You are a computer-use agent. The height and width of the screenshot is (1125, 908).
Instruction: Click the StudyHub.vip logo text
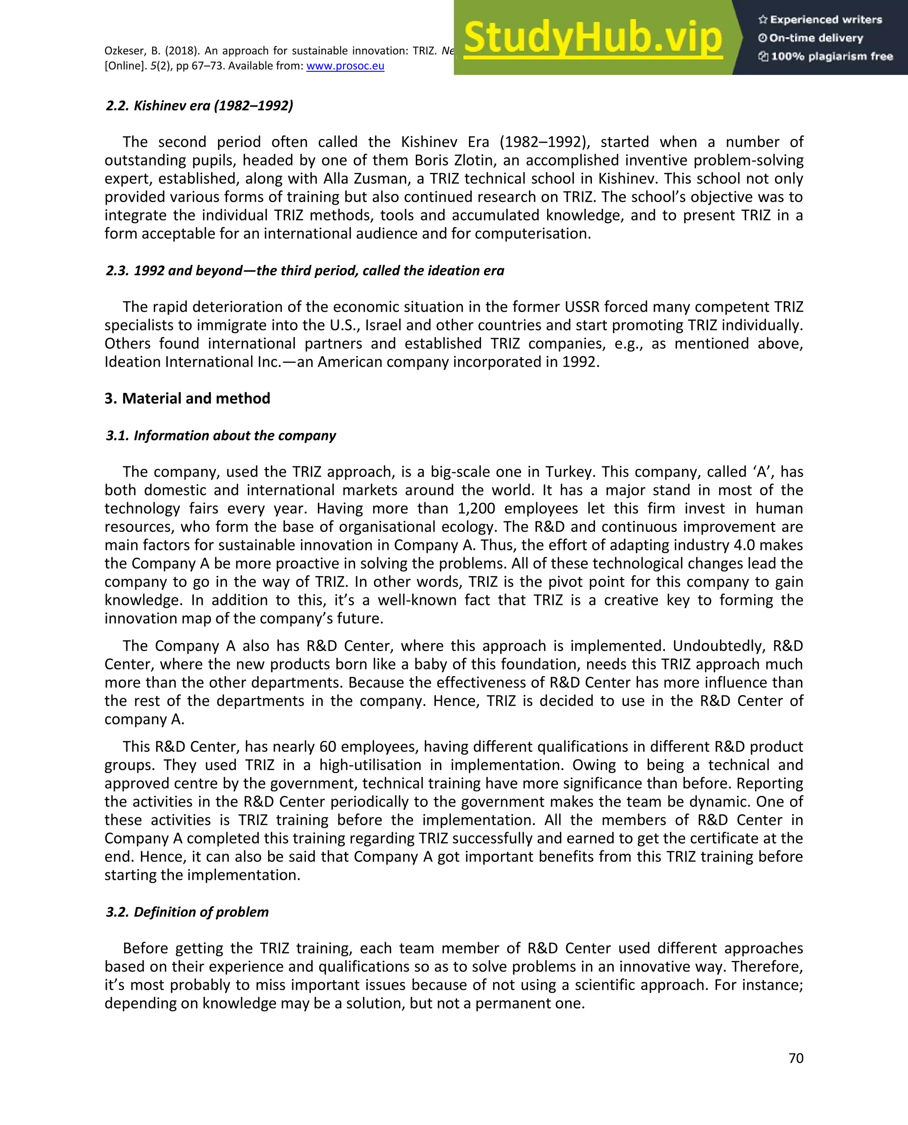pos(593,38)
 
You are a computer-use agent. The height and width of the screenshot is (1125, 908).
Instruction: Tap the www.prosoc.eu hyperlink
pos(345,66)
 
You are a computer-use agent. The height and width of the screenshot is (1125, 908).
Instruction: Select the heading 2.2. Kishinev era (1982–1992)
pos(199,106)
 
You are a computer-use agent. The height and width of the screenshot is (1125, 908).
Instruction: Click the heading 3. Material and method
pos(187,398)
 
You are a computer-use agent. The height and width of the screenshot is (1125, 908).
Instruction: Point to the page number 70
pos(795,1058)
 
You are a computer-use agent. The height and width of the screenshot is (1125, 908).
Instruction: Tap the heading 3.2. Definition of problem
pos(187,912)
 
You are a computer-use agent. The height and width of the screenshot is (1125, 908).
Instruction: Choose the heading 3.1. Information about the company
pos(220,436)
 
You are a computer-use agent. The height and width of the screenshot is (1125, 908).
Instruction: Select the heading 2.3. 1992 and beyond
pos(305,271)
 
